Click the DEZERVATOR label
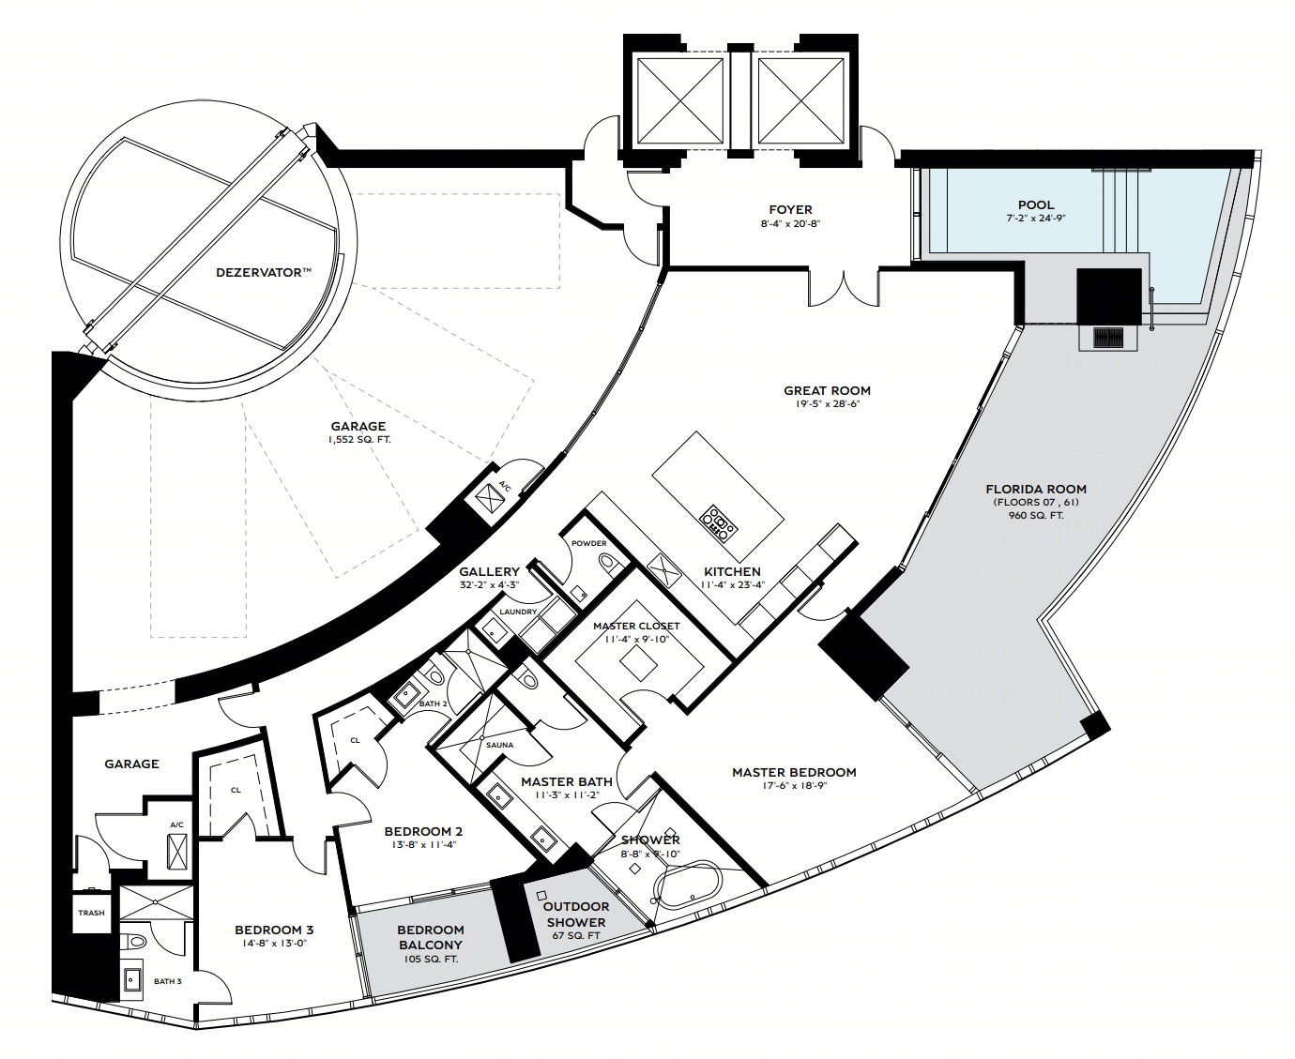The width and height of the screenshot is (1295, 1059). (x=264, y=273)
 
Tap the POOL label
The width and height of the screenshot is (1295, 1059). (x=1036, y=205)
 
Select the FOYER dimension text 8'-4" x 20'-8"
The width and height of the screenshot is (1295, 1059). (x=790, y=224)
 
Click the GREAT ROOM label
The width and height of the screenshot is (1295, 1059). (x=827, y=390)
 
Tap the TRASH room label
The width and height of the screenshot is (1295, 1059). (x=91, y=913)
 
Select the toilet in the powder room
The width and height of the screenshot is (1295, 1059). (x=609, y=563)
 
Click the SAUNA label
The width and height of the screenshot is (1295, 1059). (x=500, y=745)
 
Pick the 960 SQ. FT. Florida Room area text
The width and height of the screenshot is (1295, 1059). (x=1036, y=516)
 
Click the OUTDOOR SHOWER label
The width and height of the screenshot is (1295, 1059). (x=576, y=915)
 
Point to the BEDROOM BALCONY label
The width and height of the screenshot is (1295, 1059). (x=430, y=937)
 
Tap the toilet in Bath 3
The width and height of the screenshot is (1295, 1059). (x=136, y=941)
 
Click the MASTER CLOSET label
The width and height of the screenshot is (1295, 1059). (x=636, y=627)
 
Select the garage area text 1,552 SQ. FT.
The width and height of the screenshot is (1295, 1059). (x=359, y=440)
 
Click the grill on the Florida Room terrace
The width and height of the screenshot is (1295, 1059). (x=1108, y=338)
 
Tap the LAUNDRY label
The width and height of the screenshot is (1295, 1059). (x=518, y=612)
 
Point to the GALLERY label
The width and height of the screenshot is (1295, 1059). (x=490, y=571)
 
